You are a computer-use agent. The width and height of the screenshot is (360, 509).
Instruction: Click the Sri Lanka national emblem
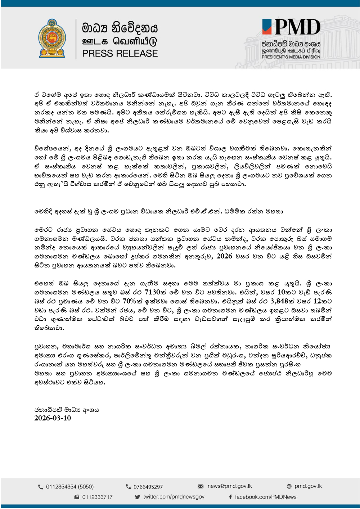[52, 39]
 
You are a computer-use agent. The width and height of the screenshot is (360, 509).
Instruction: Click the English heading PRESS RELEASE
[120, 54]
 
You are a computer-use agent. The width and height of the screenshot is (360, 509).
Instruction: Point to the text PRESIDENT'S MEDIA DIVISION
[291, 57]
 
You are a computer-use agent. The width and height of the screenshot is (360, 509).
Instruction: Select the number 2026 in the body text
[224, 256]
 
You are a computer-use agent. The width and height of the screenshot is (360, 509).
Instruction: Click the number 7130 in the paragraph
[155, 292]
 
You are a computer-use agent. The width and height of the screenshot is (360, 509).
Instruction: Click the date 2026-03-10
[53, 418]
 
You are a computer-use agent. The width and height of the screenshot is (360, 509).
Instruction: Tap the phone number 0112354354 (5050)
[70, 487]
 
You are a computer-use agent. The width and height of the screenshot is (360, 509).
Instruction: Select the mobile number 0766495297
[148, 487]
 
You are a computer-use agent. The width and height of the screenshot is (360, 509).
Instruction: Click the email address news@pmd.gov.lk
[230, 486]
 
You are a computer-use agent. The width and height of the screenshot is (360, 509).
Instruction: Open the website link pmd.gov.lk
[308, 486]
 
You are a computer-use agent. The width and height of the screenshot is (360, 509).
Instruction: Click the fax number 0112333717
[97, 497]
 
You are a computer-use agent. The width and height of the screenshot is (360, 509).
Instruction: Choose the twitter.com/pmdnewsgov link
[174, 497]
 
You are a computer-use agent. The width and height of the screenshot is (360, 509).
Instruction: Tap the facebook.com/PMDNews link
[266, 497]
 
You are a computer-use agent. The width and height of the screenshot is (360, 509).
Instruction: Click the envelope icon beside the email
[201, 486]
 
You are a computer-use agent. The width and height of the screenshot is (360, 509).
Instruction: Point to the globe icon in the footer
[289, 486]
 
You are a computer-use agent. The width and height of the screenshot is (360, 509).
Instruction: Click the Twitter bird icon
[138, 497]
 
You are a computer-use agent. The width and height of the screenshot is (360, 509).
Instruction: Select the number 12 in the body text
[317, 301]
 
